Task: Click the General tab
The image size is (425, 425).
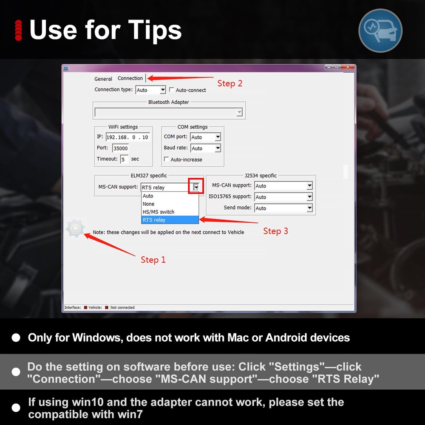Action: [103, 79]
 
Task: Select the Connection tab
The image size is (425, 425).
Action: [130, 78]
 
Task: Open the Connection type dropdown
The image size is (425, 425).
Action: [150, 90]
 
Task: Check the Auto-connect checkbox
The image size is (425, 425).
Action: [171, 90]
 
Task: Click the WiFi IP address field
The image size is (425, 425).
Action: [127, 137]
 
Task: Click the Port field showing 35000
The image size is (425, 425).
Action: [120, 148]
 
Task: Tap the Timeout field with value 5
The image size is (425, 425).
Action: [124, 159]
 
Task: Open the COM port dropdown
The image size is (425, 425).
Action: [205, 137]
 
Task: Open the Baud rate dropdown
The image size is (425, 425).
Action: [205, 148]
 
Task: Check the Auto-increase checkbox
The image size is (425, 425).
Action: [167, 159]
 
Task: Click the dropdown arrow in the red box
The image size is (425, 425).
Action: [195, 187]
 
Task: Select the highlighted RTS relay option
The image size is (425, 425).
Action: [170, 220]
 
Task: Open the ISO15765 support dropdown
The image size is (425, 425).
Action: [283, 197]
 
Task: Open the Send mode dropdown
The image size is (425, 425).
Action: [283, 208]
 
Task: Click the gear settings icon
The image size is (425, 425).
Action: [75, 228]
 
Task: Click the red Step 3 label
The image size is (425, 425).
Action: [275, 231]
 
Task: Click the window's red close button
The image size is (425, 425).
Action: [348, 67]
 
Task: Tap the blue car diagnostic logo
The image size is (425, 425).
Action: [380, 31]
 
